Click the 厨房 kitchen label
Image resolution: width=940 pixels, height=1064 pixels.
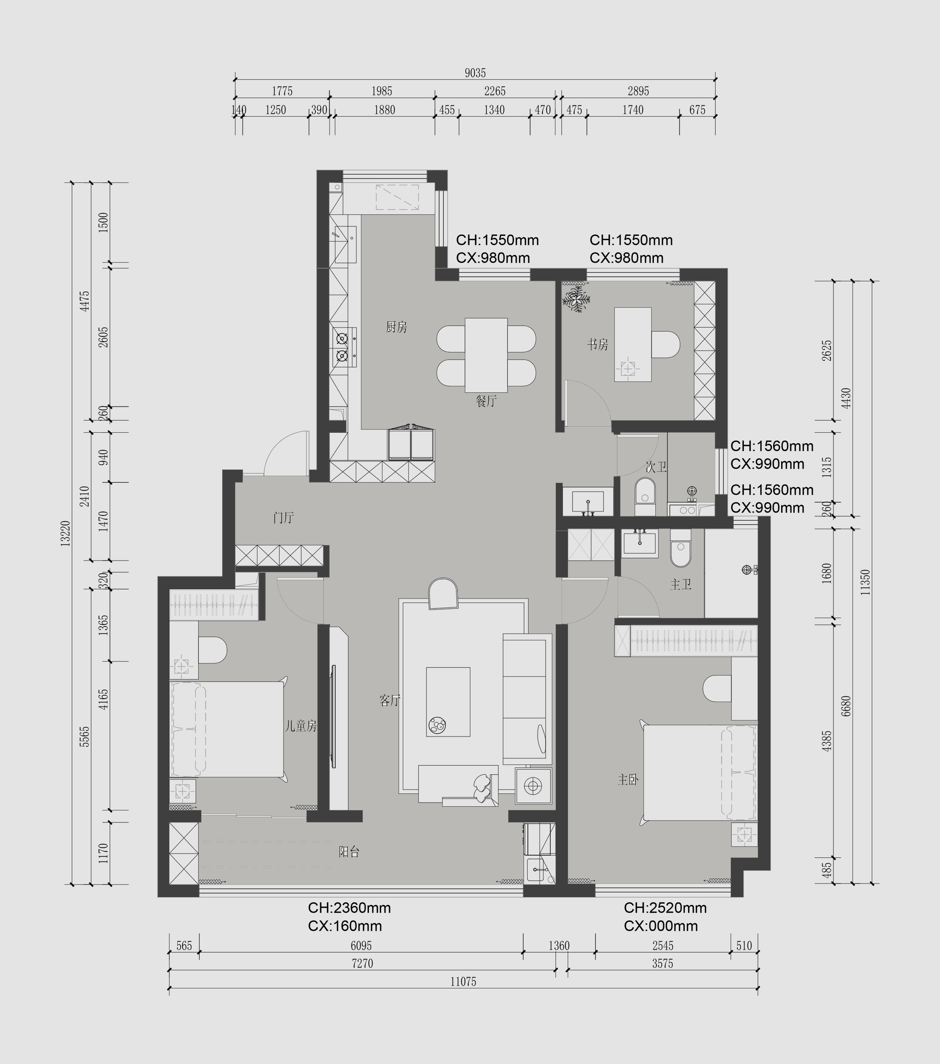click(396, 327)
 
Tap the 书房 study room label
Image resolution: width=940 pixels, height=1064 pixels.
click(598, 345)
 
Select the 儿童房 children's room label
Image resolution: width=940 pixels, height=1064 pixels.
click(301, 726)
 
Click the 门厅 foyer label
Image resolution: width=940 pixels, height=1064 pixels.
click(284, 517)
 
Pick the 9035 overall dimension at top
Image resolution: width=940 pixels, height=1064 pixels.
click(475, 73)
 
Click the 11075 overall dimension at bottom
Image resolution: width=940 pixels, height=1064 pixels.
click(463, 982)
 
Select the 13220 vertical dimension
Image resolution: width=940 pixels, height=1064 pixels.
click(66, 533)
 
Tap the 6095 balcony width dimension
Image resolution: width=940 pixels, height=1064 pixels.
click(361, 945)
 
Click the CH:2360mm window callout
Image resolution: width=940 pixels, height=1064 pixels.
click(349, 908)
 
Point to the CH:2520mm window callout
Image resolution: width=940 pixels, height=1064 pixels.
click(666, 908)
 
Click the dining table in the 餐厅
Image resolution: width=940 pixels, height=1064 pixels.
click(486, 355)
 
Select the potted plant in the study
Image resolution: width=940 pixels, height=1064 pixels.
click(576, 298)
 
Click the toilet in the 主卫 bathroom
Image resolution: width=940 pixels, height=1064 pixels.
click(680, 548)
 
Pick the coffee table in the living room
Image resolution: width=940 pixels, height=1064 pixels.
click(448, 702)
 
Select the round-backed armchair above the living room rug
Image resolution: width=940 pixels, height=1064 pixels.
click(443, 593)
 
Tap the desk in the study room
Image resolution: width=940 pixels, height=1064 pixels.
click(633, 345)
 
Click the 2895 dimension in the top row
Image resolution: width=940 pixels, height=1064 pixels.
click(638, 91)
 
